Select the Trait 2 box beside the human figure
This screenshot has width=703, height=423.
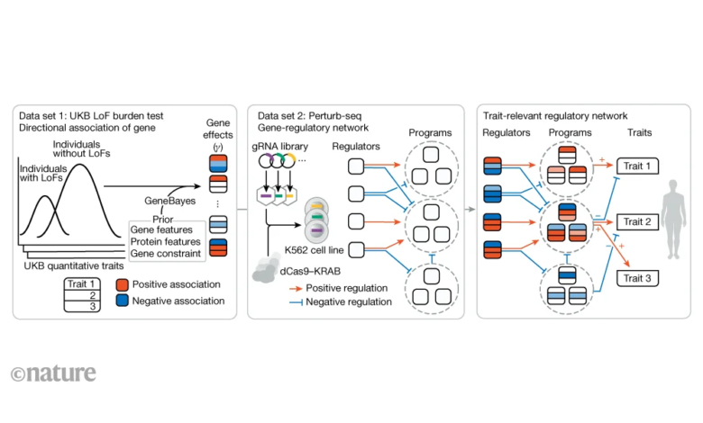point(637,221)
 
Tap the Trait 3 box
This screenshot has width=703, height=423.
point(637,277)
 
